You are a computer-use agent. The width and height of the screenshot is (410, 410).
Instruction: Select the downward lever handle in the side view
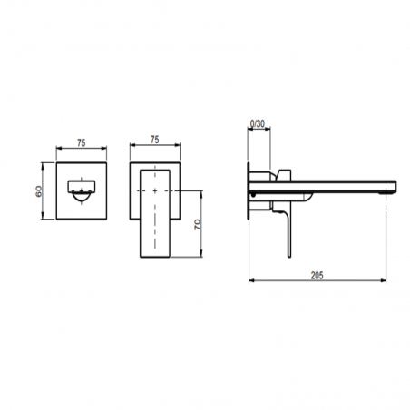[x=288, y=227]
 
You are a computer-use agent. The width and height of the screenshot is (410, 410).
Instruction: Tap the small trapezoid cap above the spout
[x=282, y=173]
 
